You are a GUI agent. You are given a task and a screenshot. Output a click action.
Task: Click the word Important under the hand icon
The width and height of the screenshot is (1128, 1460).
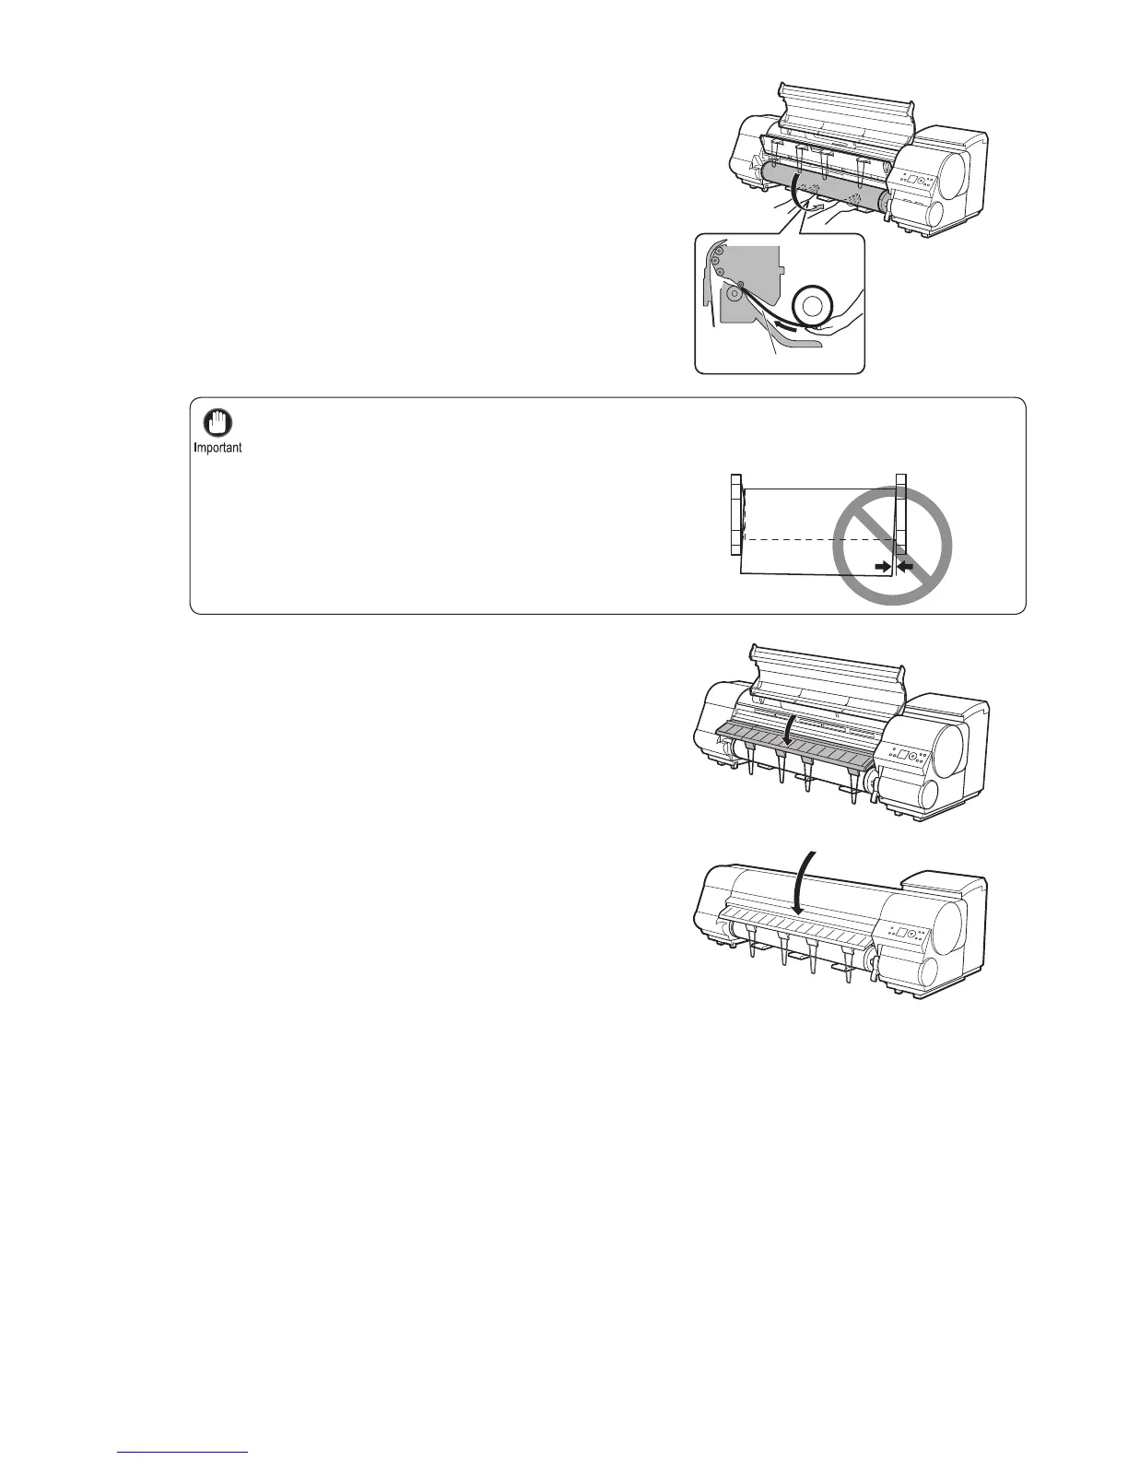[x=218, y=449]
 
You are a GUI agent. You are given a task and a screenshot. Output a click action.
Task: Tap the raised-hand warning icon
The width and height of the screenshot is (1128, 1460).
[x=218, y=424]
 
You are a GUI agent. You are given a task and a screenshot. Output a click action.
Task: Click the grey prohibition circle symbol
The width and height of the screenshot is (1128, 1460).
[x=892, y=546]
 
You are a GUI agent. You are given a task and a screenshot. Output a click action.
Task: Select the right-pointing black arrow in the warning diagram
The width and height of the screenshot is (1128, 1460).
[x=883, y=567]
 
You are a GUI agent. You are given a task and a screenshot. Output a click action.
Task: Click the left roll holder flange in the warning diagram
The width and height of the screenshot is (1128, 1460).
[x=735, y=513]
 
